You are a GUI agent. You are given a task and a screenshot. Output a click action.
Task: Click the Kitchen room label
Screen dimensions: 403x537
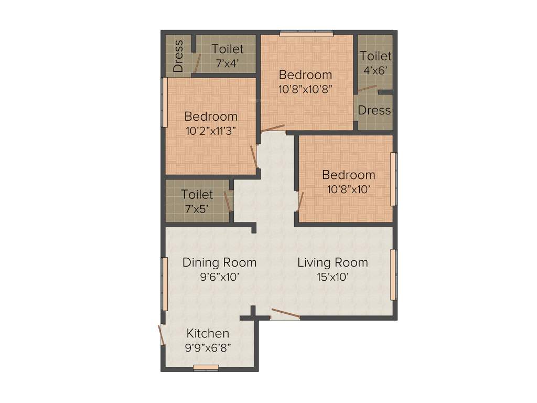(208, 333)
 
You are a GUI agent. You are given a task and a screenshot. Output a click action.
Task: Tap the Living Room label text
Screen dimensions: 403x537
(332, 262)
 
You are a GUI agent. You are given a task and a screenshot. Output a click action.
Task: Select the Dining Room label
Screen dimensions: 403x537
(219, 262)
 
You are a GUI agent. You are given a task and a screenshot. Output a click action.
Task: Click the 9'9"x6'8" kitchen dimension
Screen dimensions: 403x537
(208, 347)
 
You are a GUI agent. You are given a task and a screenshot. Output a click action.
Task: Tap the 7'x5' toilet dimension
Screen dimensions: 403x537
(197, 208)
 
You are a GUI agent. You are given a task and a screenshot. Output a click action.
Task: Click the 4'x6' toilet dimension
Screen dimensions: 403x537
(375, 69)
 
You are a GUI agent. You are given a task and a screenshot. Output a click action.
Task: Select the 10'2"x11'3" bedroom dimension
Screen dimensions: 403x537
(211, 131)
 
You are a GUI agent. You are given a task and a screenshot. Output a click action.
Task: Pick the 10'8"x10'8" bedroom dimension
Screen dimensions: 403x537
(305, 89)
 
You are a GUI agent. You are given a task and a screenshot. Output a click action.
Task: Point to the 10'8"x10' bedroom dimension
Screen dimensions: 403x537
(349, 189)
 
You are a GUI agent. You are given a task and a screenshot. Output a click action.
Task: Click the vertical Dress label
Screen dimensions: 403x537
(178, 56)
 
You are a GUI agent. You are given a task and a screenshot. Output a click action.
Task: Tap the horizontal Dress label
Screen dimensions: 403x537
(374, 110)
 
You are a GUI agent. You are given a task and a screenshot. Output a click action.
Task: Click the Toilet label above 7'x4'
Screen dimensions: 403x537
(228, 49)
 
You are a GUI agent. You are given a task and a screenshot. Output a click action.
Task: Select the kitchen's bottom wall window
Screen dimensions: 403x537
(206, 367)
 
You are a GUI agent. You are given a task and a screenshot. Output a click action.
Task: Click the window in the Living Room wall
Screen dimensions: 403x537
(394, 274)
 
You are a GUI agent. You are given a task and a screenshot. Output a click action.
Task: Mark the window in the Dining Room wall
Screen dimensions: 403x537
(164, 284)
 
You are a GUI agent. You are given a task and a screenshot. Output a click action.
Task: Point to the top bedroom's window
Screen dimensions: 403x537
(306, 35)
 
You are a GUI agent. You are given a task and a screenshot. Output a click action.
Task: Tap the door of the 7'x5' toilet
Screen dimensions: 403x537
(228, 201)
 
